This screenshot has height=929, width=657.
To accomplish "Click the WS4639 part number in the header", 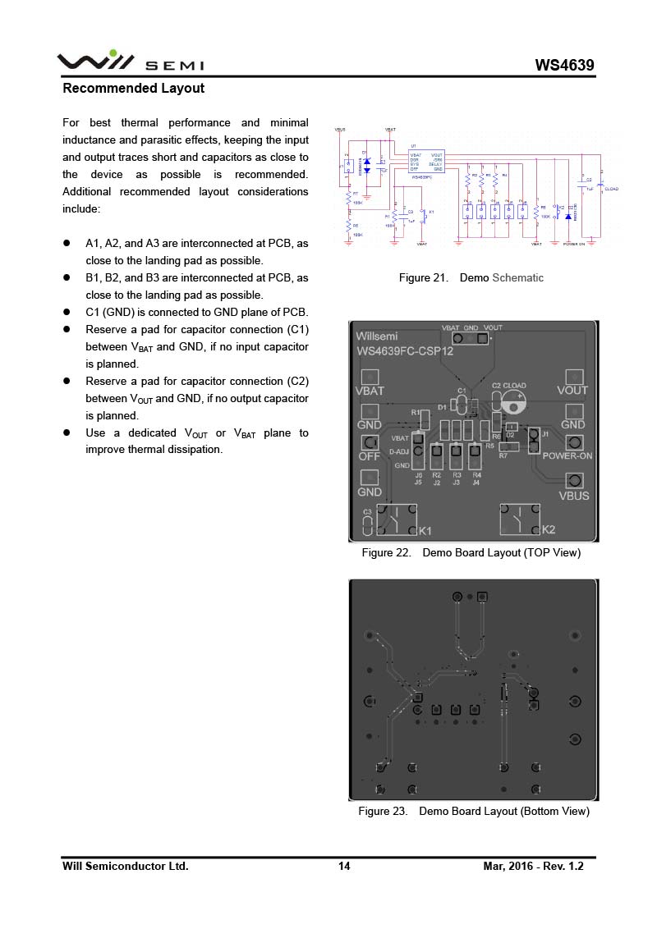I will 564,66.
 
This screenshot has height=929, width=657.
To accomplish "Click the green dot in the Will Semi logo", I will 113,53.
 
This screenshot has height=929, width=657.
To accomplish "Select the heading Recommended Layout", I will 134,88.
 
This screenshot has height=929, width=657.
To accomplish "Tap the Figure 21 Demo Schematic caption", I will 471,277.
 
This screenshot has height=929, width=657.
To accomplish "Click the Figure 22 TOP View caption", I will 471,552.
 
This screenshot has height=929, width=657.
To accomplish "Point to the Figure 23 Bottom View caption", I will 473,811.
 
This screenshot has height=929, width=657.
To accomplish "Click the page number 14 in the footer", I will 344,866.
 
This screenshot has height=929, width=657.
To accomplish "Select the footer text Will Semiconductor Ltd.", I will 126,866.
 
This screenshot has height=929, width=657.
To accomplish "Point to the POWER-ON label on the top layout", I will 567,455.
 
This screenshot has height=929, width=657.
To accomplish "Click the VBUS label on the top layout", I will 573,496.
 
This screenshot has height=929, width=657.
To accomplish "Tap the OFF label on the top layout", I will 369,456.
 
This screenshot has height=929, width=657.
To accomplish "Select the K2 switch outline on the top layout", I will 520,519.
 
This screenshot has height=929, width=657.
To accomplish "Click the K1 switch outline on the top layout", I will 397,519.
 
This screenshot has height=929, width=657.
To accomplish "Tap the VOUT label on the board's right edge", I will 572,391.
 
